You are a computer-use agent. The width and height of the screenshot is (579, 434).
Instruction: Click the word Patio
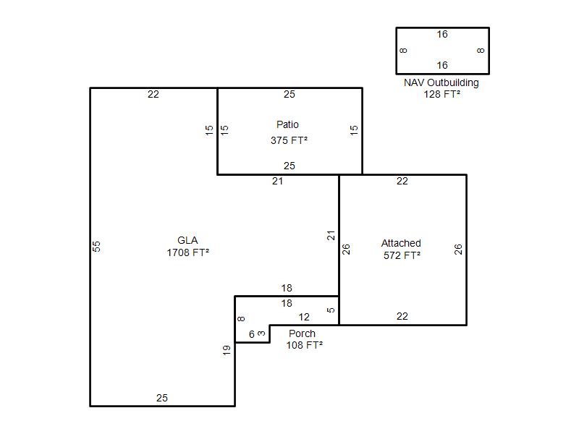point(287,124)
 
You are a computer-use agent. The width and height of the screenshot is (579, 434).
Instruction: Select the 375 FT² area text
point(289,140)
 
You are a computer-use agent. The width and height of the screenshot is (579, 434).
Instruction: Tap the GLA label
point(187,240)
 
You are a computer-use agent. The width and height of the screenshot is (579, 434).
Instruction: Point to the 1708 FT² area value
point(188,252)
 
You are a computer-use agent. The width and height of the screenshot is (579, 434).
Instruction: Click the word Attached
point(401,243)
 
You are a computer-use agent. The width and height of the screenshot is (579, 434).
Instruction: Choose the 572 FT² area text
point(402,255)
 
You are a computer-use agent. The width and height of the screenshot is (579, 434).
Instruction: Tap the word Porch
point(302,333)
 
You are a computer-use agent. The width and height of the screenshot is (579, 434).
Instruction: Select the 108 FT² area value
point(305,345)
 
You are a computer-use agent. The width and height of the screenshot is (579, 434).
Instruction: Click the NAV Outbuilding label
point(441,82)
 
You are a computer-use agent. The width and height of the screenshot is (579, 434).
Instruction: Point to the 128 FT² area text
point(442,94)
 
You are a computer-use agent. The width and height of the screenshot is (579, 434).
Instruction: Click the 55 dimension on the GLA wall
point(96,246)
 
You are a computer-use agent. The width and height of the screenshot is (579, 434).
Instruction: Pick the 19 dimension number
point(227,350)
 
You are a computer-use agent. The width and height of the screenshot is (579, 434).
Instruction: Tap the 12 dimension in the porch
point(304,317)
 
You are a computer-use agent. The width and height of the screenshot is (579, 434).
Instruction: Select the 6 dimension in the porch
point(252,334)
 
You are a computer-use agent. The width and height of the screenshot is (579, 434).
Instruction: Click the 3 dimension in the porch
point(261,333)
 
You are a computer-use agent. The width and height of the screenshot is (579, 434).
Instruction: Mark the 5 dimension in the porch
point(331,310)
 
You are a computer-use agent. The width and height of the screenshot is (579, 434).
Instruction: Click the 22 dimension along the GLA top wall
point(153,95)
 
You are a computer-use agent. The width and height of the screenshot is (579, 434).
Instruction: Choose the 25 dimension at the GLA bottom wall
point(161,398)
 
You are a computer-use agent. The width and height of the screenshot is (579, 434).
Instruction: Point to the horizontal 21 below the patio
point(277,182)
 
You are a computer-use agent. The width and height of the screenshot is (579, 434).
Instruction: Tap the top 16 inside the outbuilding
point(442,34)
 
